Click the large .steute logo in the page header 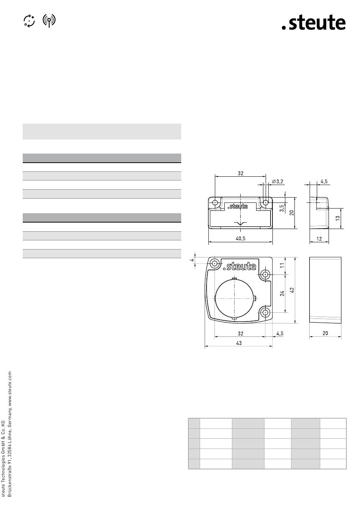tap(313, 23)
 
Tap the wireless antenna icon tap(49, 20)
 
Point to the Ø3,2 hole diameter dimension tap(278, 182)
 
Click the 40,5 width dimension tap(241, 238)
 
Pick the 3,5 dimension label tap(282, 208)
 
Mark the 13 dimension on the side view tap(338, 218)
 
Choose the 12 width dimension tap(319, 239)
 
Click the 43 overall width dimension tap(239, 343)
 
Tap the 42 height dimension tap(292, 290)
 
